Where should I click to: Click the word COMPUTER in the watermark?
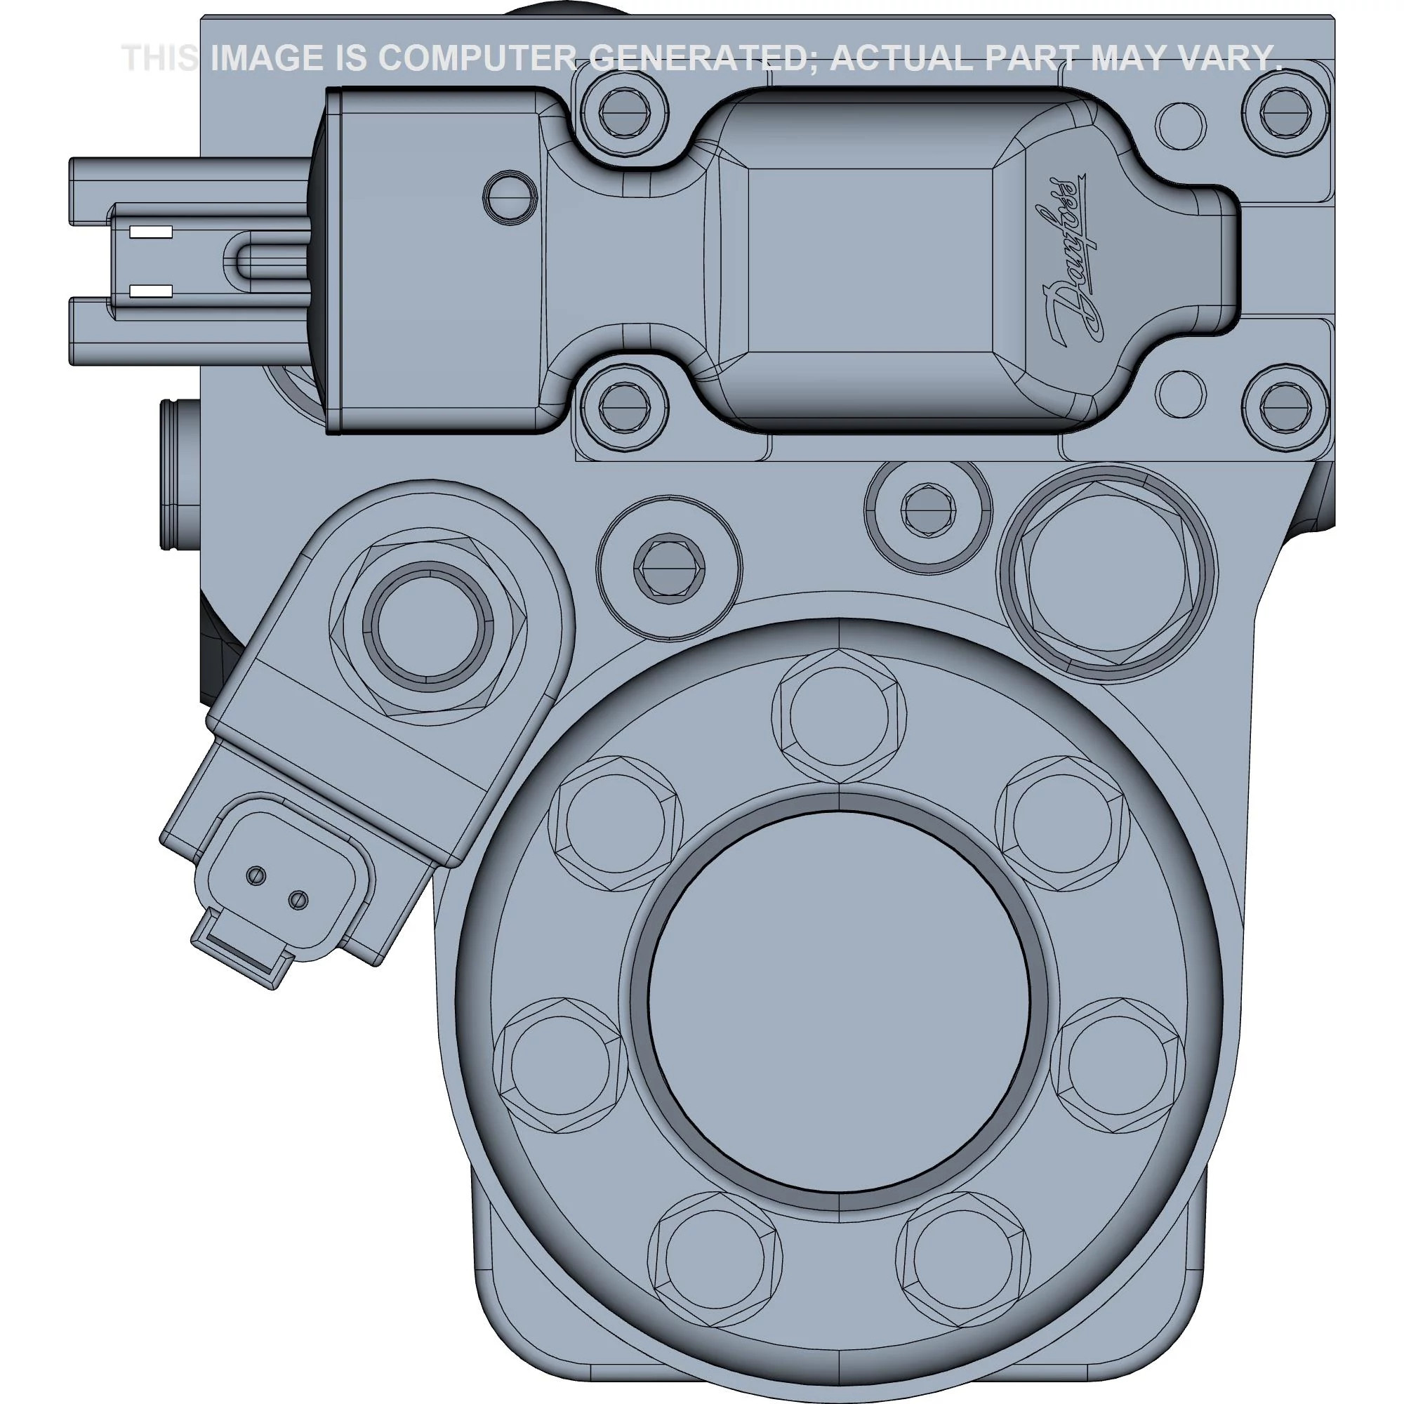coord(477,58)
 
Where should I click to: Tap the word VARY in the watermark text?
coord(1224,58)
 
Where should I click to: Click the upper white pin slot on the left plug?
coord(150,232)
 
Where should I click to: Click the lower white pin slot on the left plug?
coord(150,291)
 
